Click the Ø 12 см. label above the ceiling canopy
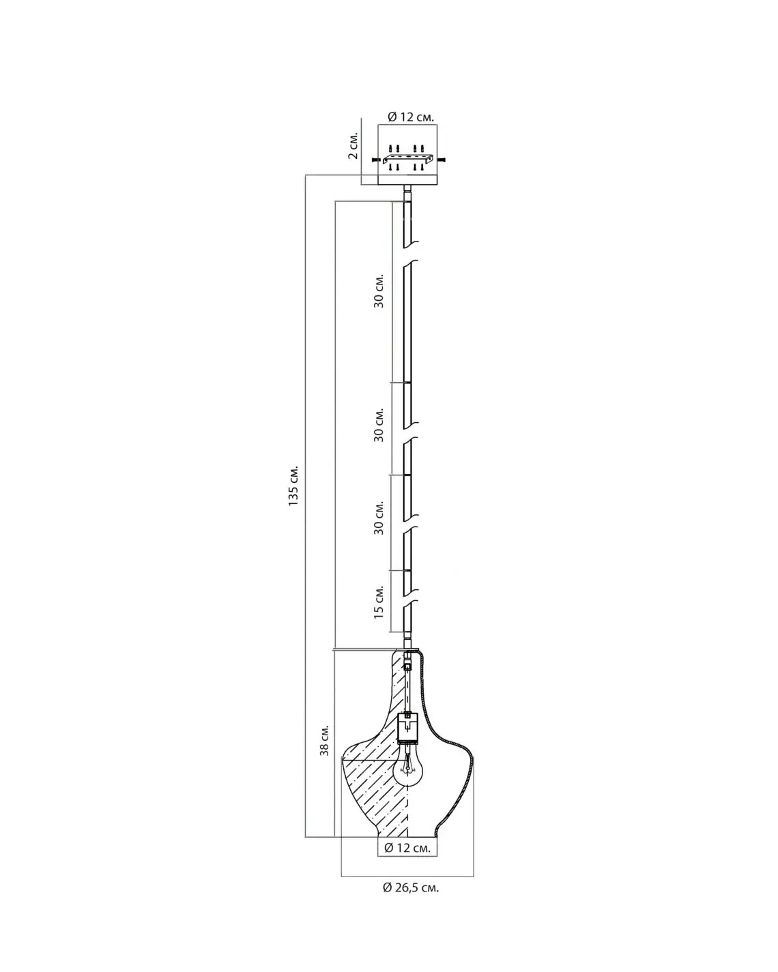click(x=410, y=117)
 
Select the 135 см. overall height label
click(x=293, y=485)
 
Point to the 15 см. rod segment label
click(x=378, y=602)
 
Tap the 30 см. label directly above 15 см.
click(x=378, y=518)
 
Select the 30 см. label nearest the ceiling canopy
click(x=378, y=291)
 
